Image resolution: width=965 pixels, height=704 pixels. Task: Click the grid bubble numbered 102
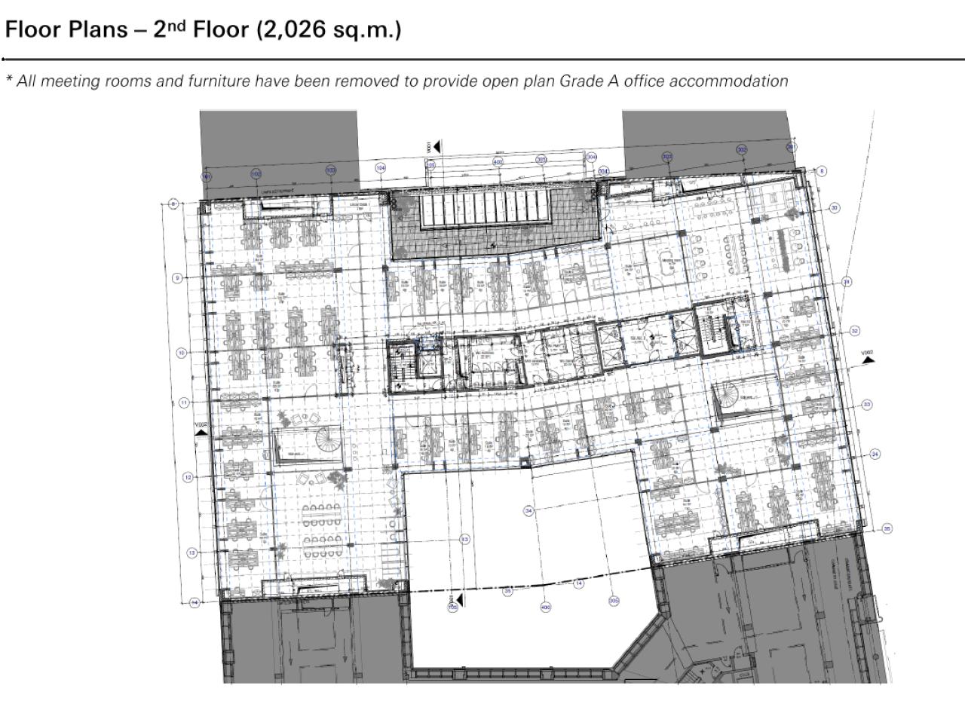pyautogui.click(x=256, y=173)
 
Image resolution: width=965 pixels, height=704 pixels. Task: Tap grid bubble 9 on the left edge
pyautogui.click(x=177, y=278)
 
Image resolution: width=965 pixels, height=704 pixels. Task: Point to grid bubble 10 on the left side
pyautogui.click(x=182, y=353)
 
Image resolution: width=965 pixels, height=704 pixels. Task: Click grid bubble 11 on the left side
pyautogui.click(x=185, y=403)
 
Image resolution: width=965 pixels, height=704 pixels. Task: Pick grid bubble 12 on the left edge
pyautogui.click(x=187, y=477)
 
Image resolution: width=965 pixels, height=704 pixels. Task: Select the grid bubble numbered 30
pyautogui.click(x=835, y=207)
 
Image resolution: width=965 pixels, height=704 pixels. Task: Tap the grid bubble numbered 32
pyautogui.click(x=854, y=331)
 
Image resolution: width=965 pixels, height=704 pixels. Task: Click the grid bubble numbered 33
pyautogui.click(x=867, y=405)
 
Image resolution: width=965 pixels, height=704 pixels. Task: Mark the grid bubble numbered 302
pyautogui.click(x=742, y=149)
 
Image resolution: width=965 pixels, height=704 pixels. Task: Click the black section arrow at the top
pyautogui.click(x=436, y=146)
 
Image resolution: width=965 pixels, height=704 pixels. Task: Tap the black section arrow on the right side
pyautogui.click(x=869, y=360)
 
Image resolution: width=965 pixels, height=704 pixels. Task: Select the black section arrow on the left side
pyautogui.click(x=201, y=433)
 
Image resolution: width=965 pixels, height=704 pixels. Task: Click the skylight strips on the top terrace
pyautogui.click(x=490, y=210)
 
